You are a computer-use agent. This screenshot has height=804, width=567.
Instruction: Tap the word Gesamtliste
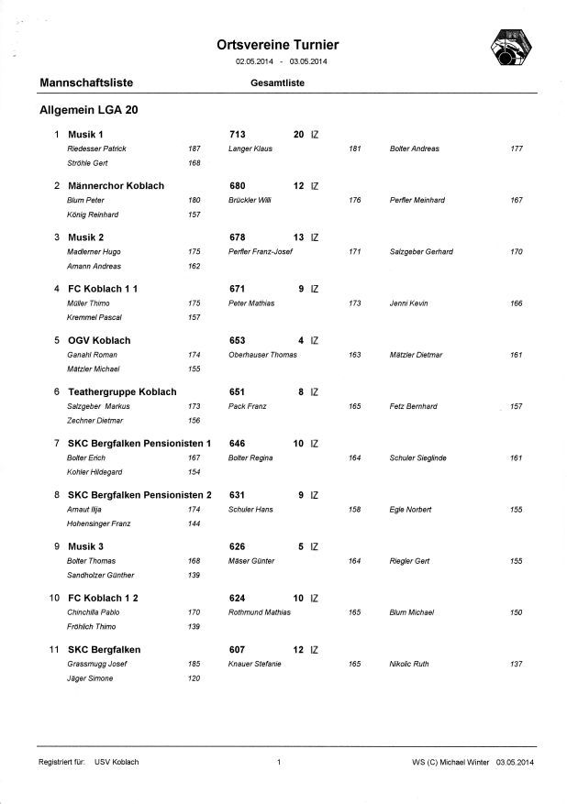pyautogui.click(x=277, y=83)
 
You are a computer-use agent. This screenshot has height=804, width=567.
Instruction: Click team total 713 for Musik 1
pyautogui.click(x=237, y=135)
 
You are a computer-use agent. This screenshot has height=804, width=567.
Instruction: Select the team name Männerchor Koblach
pyautogui.click(x=116, y=185)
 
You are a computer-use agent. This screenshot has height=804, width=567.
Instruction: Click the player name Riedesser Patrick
pyautogui.click(x=97, y=149)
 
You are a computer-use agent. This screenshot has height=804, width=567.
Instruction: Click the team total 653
pyautogui.click(x=237, y=340)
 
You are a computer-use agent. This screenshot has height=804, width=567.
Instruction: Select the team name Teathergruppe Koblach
pyautogui.click(x=122, y=391)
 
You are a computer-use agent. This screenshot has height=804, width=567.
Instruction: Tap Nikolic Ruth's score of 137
pyautogui.click(x=517, y=663)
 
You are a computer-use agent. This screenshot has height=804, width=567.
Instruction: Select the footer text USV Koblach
pyautogui.click(x=117, y=762)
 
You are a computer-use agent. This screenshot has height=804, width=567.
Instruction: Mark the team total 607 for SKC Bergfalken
pyautogui.click(x=237, y=649)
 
